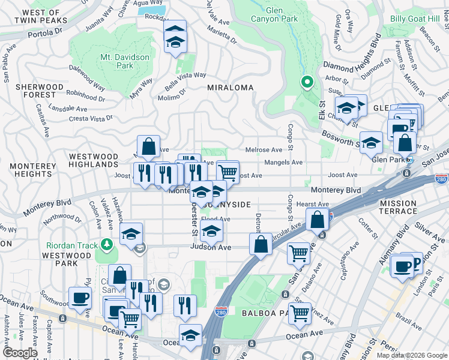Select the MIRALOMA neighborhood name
point(230,88)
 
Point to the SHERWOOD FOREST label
point(40,91)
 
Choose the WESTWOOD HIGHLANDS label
point(93,160)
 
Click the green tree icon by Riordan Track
point(107,244)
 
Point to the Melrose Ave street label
point(264,150)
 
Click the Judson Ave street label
point(211,247)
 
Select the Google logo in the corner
point(20,353)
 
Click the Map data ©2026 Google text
point(411,355)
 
